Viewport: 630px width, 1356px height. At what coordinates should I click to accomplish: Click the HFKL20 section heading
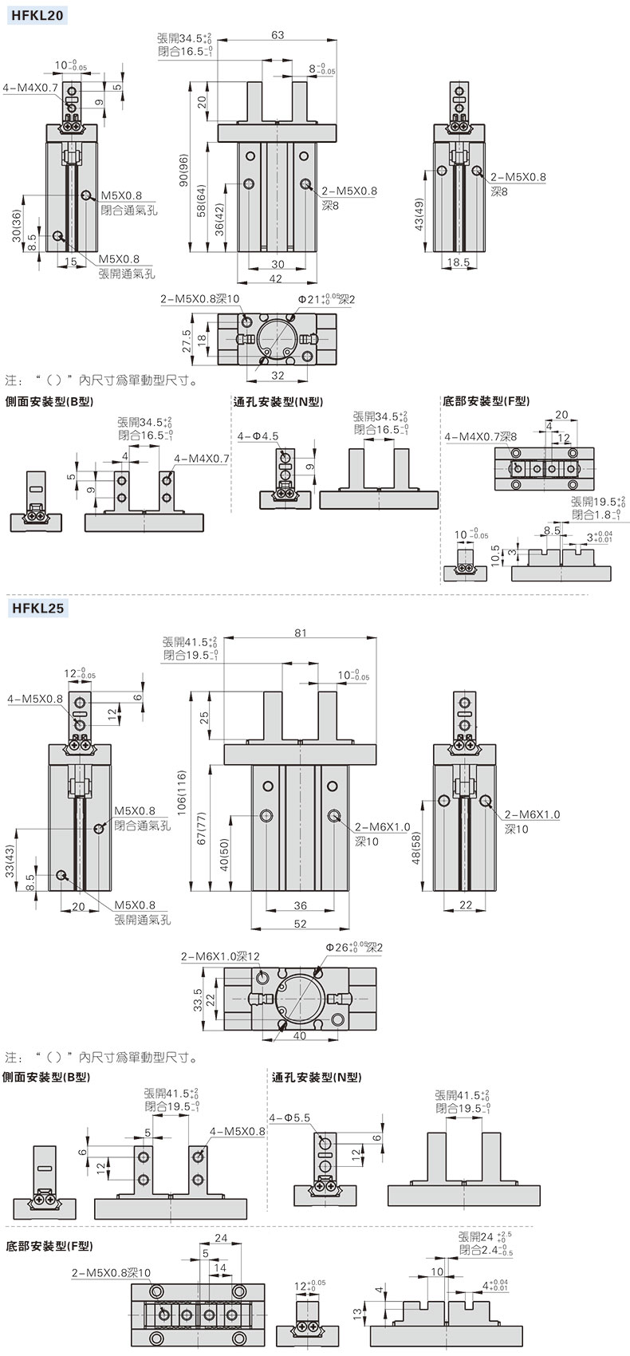(37, 14)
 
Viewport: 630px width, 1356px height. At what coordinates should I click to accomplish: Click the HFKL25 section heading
(37, 609)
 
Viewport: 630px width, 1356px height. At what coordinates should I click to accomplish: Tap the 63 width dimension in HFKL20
(278, 34)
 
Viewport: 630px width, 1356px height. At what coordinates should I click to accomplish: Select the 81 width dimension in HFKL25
(300, 633)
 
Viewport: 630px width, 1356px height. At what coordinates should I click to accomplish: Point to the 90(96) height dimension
(183, 171)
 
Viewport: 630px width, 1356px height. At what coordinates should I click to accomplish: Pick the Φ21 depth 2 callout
(327, 298)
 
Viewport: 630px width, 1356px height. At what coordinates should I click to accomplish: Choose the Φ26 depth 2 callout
(354, 947)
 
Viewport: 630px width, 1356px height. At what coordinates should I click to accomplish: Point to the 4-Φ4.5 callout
(258, 436)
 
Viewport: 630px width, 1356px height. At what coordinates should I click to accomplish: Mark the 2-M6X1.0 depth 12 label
(220, 956)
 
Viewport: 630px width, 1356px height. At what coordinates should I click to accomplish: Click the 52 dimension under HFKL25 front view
(300, 923)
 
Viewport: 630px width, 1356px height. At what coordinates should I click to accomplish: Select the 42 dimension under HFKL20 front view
(275, 278)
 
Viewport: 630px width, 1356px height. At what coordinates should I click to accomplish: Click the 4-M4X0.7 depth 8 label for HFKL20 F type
(481, 436)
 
